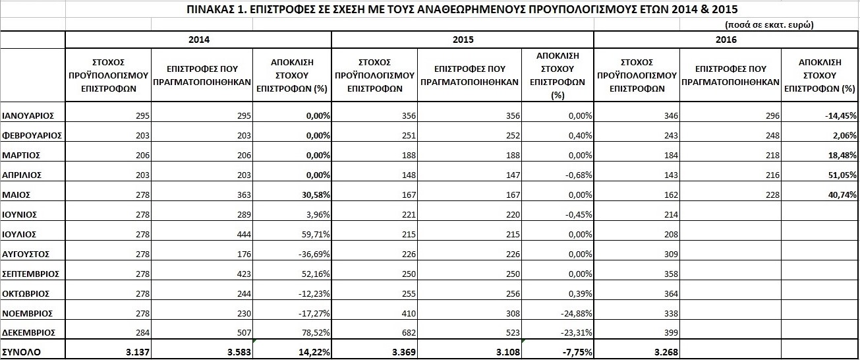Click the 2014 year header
(x=198, y=40)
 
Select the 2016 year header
(x=726, y=40)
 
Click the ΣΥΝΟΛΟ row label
(x=21, y=352)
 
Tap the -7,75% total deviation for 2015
(x=575, y=352)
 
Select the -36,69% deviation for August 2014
(x=313, y=254)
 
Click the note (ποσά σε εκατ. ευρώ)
(x=768, y=24)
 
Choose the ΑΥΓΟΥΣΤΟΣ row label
(x=26, y=254)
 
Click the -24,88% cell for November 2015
(x=575, y=313)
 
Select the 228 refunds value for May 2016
(x=771, y=195)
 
